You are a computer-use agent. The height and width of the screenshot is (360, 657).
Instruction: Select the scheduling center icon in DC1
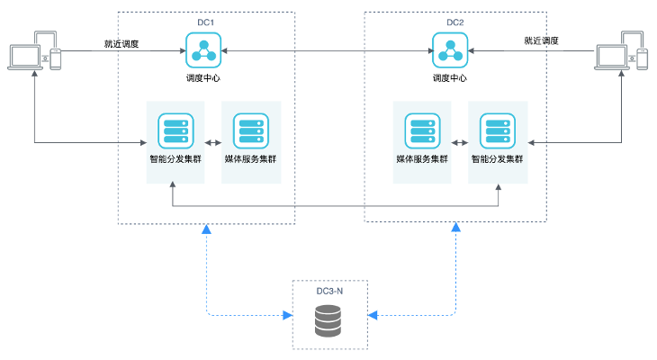(x=205, y=50)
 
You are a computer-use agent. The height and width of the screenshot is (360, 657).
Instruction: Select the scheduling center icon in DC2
(x=449, y=50)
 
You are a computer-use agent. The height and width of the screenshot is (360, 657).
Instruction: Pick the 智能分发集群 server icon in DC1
(x=175, y=130)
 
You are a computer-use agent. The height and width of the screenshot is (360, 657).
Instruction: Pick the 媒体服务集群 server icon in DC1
(x=250, y=130)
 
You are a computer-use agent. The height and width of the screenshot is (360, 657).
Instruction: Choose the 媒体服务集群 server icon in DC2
(x=421, y=130)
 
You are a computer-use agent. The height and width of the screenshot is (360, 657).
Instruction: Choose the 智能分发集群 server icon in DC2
(x=497, y=130)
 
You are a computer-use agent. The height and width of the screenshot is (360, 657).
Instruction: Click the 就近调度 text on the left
(x=121, y=42)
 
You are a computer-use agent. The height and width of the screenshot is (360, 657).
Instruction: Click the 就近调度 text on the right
(x=541, y=40)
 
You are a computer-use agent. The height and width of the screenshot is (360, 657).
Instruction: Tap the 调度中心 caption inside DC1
(x=205, y=78)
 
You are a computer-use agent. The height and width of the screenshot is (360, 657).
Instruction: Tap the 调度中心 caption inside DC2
(x=449, y=78)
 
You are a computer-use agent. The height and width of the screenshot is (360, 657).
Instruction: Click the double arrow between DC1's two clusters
(x=212, y=142)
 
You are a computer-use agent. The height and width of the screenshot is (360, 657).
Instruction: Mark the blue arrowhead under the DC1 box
(x=207, y=231)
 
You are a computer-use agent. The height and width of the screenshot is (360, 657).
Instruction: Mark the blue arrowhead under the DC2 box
(x=456, y=230)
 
